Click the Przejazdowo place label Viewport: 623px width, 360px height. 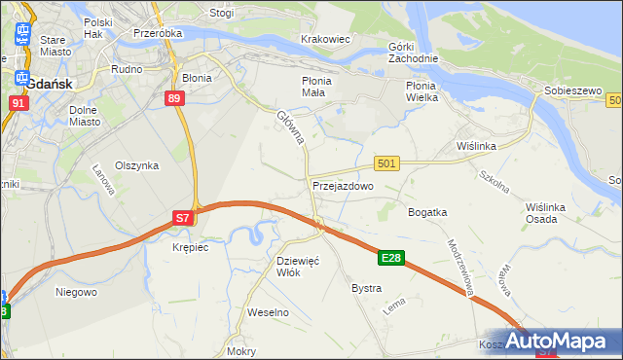[343, 185]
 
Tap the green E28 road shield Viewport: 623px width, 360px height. [391, 258]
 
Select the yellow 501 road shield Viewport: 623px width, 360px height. [385, 164]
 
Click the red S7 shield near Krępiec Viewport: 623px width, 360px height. [183, 219]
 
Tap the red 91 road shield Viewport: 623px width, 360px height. [18, 102]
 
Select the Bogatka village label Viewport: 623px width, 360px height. [427, 211]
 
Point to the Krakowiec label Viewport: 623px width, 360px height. [325, 39]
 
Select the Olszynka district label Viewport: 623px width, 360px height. [136, 165]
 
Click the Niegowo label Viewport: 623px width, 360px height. [76, 291]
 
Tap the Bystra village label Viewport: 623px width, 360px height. [366, 289]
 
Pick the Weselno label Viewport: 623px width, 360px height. [269, 312]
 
